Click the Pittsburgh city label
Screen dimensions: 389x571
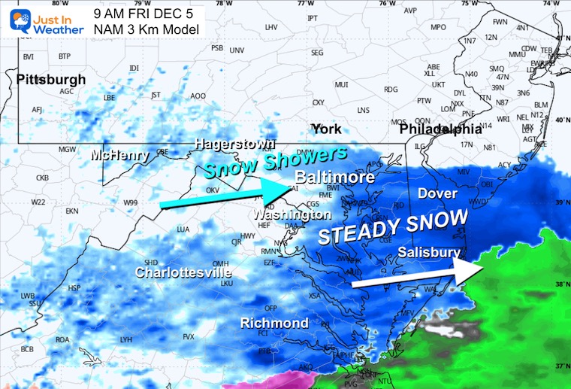pos(50,79)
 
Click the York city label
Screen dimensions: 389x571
pos(326,129)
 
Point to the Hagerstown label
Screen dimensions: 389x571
pos(234,143)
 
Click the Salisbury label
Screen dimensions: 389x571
pos(428,252)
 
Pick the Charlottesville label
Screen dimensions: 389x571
pos(183,272)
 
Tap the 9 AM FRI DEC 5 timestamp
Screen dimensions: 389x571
pos(144,14)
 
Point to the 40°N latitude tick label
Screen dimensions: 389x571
pos(560,120)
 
